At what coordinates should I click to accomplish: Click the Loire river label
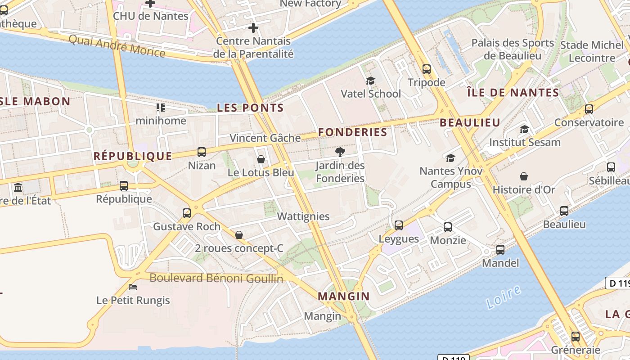tap(504, 297)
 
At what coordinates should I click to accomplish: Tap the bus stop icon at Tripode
tap(427, 69)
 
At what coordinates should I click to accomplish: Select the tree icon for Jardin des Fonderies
tap(340, 152)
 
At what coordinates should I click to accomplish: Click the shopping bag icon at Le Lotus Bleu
tap(261, 159)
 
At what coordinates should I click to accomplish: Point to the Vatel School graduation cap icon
tap(370, 81)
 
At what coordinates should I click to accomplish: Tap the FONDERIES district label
tap(352, 132)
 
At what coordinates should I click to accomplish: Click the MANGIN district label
tap(343, 297)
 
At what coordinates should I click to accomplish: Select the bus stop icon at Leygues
tap(399, 225)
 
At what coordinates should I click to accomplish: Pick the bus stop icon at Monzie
tap(448, 227)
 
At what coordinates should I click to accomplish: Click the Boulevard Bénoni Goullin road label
tap(216, 278)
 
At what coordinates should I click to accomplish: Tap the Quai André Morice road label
tap(117, 45)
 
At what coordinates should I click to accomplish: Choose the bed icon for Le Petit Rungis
tap(133, 287)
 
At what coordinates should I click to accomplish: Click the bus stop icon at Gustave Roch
tap(187, 213)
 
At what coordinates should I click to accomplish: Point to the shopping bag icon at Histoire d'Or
tap(524, 176)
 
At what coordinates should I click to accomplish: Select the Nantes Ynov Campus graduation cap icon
tap(450, 158)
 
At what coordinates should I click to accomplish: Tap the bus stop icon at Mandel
tap(500, 249)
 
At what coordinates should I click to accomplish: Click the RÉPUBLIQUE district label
tap(133, 156)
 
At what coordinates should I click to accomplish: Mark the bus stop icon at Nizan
tap(202, 152)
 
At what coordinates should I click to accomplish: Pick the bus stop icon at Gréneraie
tap(576, 336)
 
